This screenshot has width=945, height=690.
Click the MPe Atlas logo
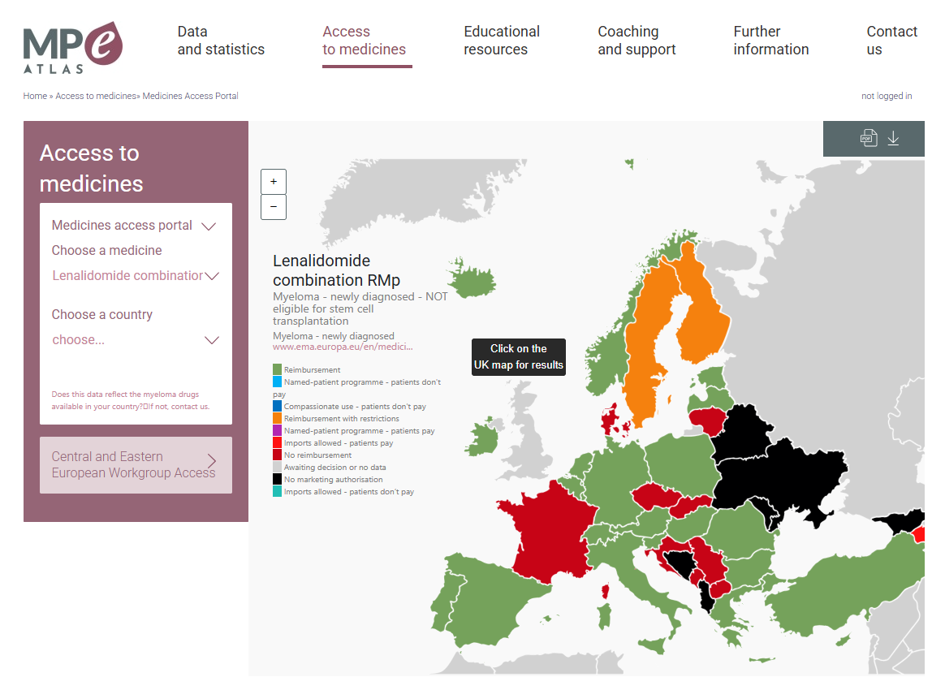click(73, 47)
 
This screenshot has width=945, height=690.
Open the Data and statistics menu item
click(221, 41)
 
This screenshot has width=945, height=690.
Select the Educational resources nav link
click(502, 41)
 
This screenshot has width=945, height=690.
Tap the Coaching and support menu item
click(636, 41)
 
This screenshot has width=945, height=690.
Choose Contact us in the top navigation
click(891, 41)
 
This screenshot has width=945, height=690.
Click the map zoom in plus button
click(274, 182)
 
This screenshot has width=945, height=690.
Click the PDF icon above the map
click(869, 138)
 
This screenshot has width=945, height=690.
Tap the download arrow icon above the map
click(893, 138)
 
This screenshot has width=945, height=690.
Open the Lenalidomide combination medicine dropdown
click(135, 276)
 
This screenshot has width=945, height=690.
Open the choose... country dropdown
click(135, 340)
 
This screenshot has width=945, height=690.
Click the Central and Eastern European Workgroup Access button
click(136, 465)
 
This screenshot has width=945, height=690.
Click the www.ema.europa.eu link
click(343, 347)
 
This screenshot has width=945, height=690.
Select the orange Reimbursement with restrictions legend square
click(278, 419)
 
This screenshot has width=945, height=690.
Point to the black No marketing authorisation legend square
click(278, 480)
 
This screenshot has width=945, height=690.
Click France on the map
click(542, 536)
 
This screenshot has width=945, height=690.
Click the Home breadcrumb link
click(35, 96)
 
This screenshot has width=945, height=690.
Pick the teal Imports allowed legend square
click(278, 492)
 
